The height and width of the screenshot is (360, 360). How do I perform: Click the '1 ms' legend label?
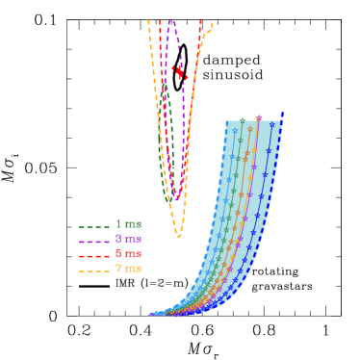128,224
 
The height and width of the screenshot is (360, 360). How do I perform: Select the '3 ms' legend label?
128,239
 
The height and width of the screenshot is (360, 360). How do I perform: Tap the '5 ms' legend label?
128,253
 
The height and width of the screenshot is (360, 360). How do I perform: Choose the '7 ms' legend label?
128,269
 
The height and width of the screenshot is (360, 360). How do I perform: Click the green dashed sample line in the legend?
93,226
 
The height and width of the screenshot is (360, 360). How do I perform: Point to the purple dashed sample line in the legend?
93,241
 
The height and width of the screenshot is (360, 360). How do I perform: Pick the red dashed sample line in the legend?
93,256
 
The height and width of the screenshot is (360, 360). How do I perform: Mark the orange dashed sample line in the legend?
93,270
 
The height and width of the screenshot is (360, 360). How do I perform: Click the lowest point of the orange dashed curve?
178,236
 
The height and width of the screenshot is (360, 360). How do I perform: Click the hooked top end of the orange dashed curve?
211,26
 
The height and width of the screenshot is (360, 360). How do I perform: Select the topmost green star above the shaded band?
242,120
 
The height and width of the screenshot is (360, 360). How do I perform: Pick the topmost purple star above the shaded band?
258,118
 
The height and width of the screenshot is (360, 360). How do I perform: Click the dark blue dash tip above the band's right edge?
282,115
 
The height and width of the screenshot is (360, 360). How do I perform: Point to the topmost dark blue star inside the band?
271,125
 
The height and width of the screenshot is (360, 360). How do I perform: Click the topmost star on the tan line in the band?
250,129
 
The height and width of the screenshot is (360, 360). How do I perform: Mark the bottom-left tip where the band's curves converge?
150,314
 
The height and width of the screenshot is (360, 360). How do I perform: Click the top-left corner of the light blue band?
227,122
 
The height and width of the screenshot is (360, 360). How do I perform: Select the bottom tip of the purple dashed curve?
176,199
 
